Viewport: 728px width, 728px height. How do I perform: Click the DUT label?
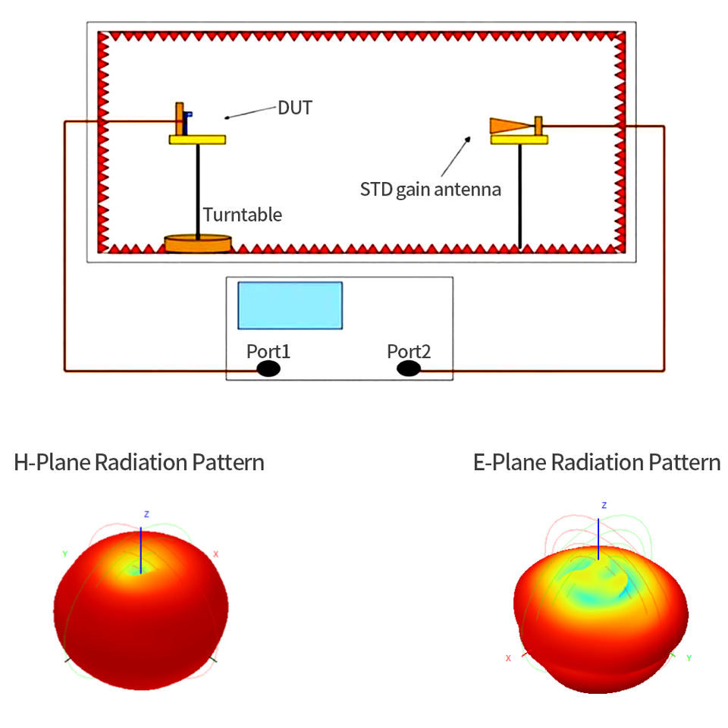295,108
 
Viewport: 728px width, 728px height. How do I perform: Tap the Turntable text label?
243,215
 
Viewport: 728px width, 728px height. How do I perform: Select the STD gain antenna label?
431,190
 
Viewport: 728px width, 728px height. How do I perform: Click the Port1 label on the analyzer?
268,351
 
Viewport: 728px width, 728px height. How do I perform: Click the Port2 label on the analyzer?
409,351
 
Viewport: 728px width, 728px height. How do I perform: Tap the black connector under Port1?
268,369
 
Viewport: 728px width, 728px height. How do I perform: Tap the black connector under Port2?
409,369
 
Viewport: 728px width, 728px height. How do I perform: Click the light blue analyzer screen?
290,306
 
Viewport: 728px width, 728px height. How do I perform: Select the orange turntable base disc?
198,243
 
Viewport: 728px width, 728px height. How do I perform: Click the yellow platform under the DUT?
197,140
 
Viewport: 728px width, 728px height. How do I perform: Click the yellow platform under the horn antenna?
519,140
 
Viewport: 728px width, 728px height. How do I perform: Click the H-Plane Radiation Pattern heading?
140,463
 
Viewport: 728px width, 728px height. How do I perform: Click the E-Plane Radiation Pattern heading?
597,463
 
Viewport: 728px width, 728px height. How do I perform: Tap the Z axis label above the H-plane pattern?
146,514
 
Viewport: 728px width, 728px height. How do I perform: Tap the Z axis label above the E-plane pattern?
604,505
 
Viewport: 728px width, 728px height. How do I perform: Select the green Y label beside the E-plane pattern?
689,658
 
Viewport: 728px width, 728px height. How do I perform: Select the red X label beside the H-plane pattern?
216,554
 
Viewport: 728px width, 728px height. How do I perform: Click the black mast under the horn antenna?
520,196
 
